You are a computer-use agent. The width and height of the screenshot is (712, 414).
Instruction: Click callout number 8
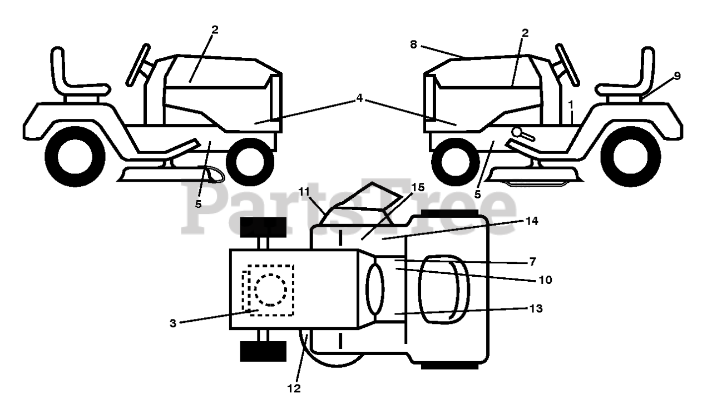(x=413, y=45)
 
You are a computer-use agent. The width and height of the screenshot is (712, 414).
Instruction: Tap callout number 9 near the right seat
(x=677, y=77)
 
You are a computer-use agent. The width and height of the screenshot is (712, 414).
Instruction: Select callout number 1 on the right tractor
(x=570, y=104)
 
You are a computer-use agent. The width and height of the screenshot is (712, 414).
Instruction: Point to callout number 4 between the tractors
(x=359, y=98)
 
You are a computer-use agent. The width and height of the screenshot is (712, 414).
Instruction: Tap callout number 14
(x=532, y=221)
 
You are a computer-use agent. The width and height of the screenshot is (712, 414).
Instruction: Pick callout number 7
(x=533, y=261)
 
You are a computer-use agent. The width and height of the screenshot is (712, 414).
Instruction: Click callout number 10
(x=545, y=280)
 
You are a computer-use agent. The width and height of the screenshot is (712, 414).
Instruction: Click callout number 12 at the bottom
(x=294, y=388)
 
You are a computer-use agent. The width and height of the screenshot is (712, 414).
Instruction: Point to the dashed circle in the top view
(x=270, y=289)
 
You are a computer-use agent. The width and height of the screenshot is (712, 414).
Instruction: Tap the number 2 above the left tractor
(x=215, y=29)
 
